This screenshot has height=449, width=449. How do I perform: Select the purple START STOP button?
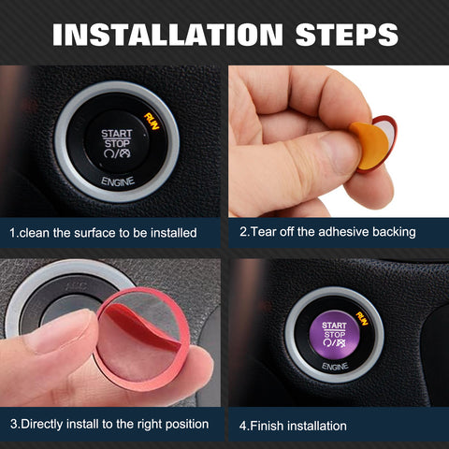pyautogui.click(x=334, y=334)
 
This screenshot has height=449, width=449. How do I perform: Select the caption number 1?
pyautogui.click(x=12, y=232)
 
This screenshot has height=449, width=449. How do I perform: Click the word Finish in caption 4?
pyautogui.click(x=269, y=426)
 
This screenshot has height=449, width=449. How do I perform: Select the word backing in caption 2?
pyautogui.click(x=390, y=231)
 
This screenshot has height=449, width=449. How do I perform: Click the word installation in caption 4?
pyautogui.click(x=319, y=426)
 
